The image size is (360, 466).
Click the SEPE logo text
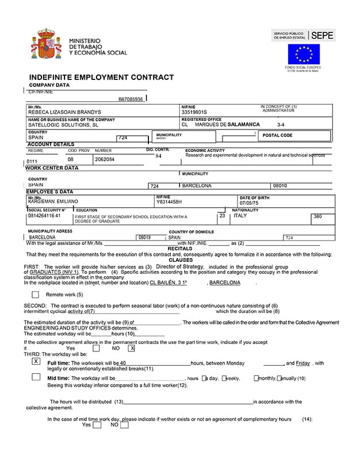(323, 35)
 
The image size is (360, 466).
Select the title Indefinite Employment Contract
(101, 77)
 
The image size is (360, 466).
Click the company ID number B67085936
(131, 99)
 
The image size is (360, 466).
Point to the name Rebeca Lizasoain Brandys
(64, 112)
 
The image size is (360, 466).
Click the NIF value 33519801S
(194, 112)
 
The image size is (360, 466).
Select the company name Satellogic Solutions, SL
(63, 124)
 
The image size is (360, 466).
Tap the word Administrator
(278, 110)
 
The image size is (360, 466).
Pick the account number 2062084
(105, 159)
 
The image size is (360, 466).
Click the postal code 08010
(280, 186)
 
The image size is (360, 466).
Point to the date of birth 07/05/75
(250, 203)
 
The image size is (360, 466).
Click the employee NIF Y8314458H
(169, 202)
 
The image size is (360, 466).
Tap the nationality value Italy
(240, 216)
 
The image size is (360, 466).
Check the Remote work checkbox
(35, 295)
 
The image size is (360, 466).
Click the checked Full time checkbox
(36, 361)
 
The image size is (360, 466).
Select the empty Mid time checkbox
(36, 377)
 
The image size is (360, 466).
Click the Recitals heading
(179, 249)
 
